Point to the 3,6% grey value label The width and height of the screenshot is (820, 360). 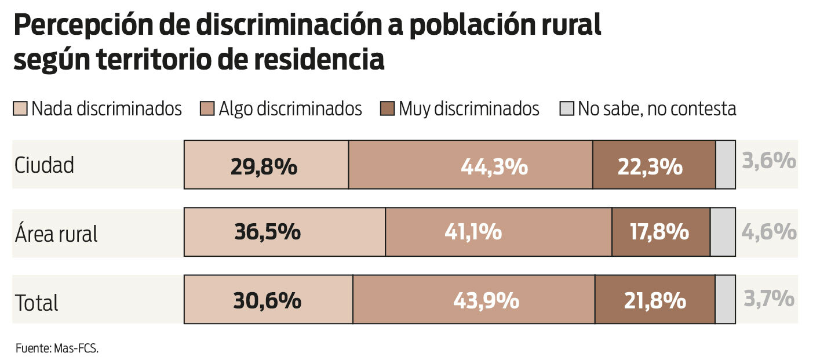coord(769,161)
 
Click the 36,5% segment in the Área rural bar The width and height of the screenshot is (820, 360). coord(285,232)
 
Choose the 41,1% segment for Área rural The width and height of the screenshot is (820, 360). coord(498,232)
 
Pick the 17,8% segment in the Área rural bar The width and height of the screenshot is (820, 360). coord(661,232)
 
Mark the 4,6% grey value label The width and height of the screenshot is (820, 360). coord(769,232)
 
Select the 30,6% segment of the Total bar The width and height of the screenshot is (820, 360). coord(268,300)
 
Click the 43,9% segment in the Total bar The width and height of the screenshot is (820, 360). coord(473,300)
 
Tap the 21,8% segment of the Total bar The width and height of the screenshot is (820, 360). coord(655,300)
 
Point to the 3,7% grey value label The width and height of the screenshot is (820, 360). coord(769,299)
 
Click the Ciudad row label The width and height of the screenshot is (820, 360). coord(44,166)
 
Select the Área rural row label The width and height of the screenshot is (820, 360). coord(56,234)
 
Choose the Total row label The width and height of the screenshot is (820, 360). coord(37,303)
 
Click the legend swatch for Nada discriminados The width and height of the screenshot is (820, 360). coord(20,109)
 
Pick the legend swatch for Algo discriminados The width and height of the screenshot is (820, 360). coord(207,109)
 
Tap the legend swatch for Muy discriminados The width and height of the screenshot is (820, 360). coord(388,109)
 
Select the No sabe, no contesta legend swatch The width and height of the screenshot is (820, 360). coord(567,109)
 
